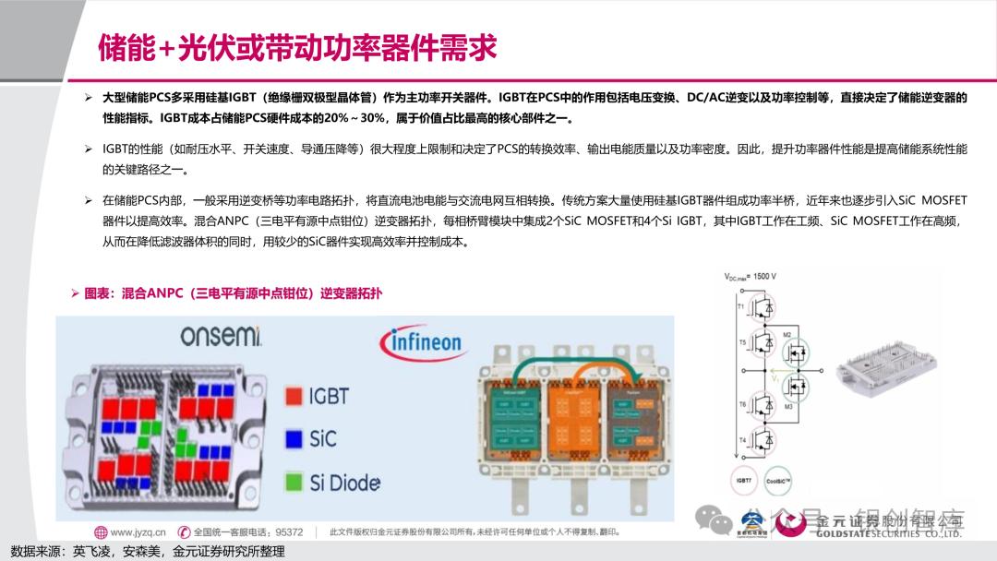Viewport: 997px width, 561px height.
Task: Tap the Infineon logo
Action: click(x=421, y=343)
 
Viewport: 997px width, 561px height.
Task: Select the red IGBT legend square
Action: click(x=294, y=397)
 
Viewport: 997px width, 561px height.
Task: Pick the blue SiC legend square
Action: click(x=294, y=438)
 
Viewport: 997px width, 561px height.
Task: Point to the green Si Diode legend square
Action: click(x=294, y=481)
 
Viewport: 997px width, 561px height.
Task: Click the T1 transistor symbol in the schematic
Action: click(x=763, y=306)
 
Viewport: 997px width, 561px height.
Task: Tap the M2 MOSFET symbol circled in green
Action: click(x=794, y=353)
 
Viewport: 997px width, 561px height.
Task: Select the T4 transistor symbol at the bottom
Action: click(x=763, y=439)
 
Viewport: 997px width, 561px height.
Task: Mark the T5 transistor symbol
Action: click(x=763, y=341)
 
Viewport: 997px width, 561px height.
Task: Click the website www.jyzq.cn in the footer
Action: click(x=138, y=532)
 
